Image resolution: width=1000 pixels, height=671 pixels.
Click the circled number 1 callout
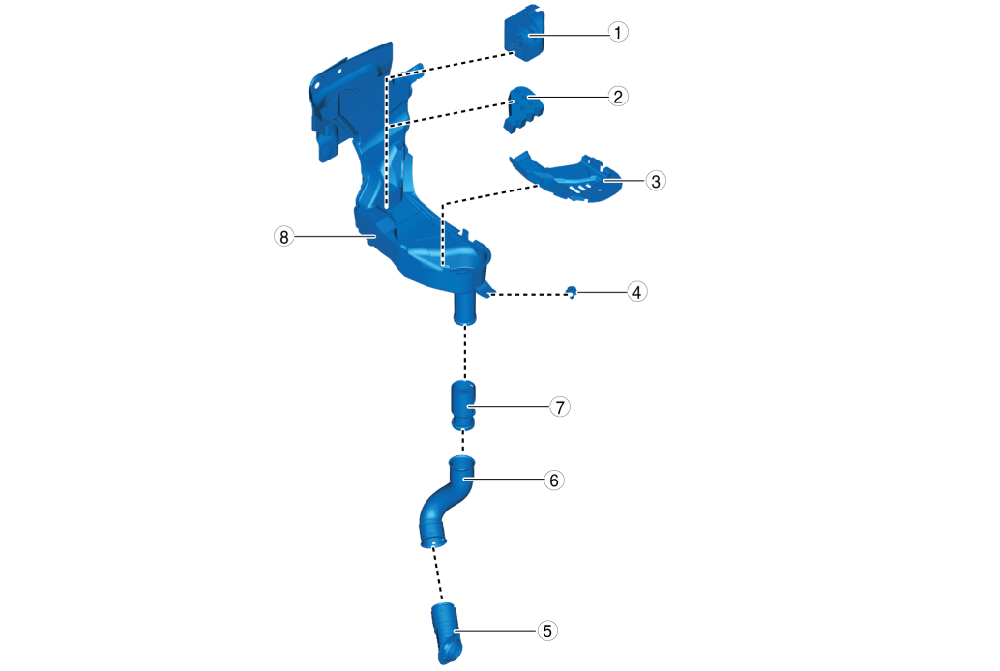[x=617, y=32]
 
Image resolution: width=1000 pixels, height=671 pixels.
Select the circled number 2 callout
[x=617, y=97]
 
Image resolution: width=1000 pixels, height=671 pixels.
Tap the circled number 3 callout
[x=656, y=181]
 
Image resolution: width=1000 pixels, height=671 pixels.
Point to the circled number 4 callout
[x=636, y=292]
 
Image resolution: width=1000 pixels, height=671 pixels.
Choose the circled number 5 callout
[x=547, y=630]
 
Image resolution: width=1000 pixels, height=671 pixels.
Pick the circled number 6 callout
[x=553, y=481]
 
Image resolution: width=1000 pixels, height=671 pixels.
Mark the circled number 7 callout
[x=560, y=407]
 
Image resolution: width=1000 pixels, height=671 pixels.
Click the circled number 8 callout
[x=283, y=237]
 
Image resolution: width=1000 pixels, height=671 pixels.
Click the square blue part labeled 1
[x=525, y=33]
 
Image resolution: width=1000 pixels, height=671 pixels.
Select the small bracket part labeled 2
[x=524, y=109]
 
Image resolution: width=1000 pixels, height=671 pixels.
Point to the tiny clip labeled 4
[x=573, y=292]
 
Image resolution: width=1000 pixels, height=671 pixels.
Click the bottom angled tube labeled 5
[x=448, y=632]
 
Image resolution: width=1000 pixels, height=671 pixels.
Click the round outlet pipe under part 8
[x=465, y=308]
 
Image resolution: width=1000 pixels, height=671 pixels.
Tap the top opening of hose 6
[x=461, y=460]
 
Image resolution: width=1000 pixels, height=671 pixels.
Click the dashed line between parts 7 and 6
[x=463, y=441]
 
